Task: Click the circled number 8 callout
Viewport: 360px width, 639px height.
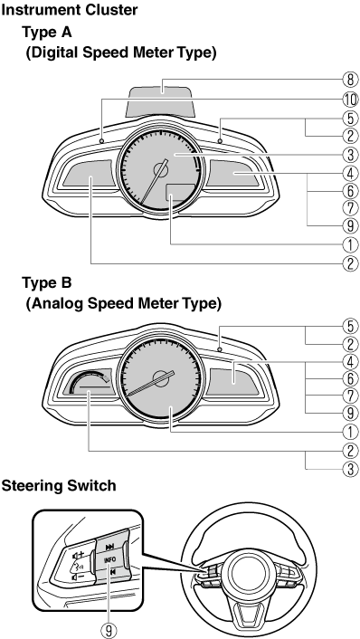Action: pos(350,80)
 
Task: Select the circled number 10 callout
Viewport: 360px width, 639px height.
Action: pos(350,100)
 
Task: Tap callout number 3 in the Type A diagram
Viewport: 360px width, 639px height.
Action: pos(350,155)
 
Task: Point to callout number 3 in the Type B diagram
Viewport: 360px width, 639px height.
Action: pos(350,469)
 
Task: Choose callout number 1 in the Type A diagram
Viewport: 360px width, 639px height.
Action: pos(350,244)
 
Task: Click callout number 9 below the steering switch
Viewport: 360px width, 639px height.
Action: pos(109,631)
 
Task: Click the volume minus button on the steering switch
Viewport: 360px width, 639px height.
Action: pos(78,577)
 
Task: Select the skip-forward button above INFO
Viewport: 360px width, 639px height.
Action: pos(109,547)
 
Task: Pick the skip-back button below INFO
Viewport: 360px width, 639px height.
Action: pos(109,572)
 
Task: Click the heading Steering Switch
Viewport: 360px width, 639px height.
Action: pos(59,486)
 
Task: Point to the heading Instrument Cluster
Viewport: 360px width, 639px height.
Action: pos(70,10)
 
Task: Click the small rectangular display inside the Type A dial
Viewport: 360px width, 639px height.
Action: pos(180,192)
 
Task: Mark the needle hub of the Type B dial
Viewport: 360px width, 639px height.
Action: pos(162,377)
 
